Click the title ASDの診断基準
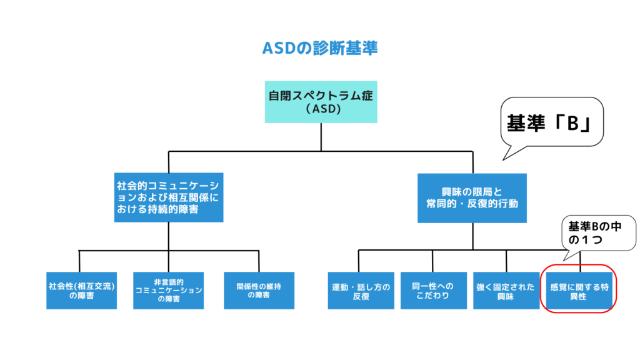point(320,48)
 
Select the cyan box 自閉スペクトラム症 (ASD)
point(321,101)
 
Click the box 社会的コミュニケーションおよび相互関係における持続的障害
point(169,197)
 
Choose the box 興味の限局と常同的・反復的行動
point(472,197)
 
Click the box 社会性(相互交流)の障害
point(82,291)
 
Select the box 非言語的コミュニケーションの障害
point(169,291)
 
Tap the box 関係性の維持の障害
point(259,291)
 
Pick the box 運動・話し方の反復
point(361,291)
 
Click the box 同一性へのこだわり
point(433,291)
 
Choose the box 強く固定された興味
point(506,291)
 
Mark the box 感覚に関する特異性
point(579,291)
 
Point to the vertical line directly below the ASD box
point(321,136)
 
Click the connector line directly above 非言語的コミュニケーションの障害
point(169,261)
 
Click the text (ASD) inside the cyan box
point(321,109)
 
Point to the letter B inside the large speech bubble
point(571,124)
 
